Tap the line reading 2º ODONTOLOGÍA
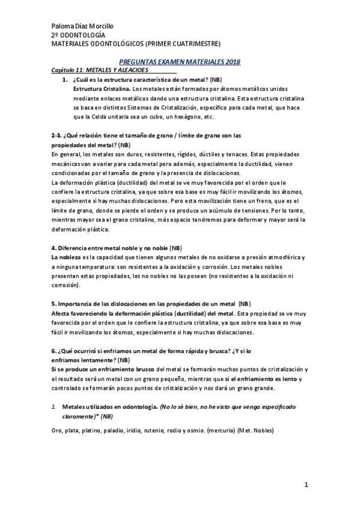80,35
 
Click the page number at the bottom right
306,485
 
